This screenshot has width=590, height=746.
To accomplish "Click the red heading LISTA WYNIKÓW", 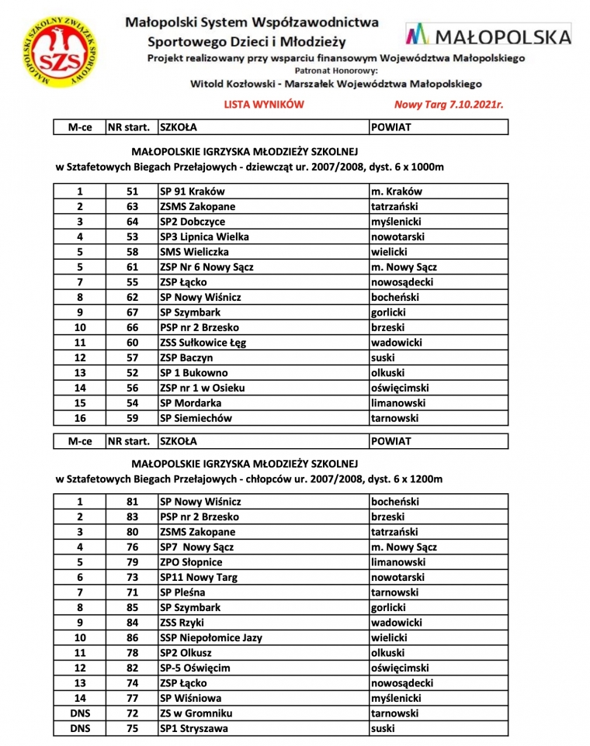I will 263,104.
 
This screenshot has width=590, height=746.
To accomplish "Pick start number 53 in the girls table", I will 131,237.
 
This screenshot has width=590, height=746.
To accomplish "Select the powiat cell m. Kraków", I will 397,192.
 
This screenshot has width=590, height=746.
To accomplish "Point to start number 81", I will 131,502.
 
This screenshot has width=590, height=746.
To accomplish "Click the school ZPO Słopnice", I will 191,562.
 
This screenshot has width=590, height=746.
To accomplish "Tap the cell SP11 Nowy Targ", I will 199,577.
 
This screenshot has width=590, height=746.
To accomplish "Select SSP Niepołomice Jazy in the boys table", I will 211,637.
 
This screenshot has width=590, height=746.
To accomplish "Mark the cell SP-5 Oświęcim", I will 195,668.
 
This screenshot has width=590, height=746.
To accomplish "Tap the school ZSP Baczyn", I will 186,358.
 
